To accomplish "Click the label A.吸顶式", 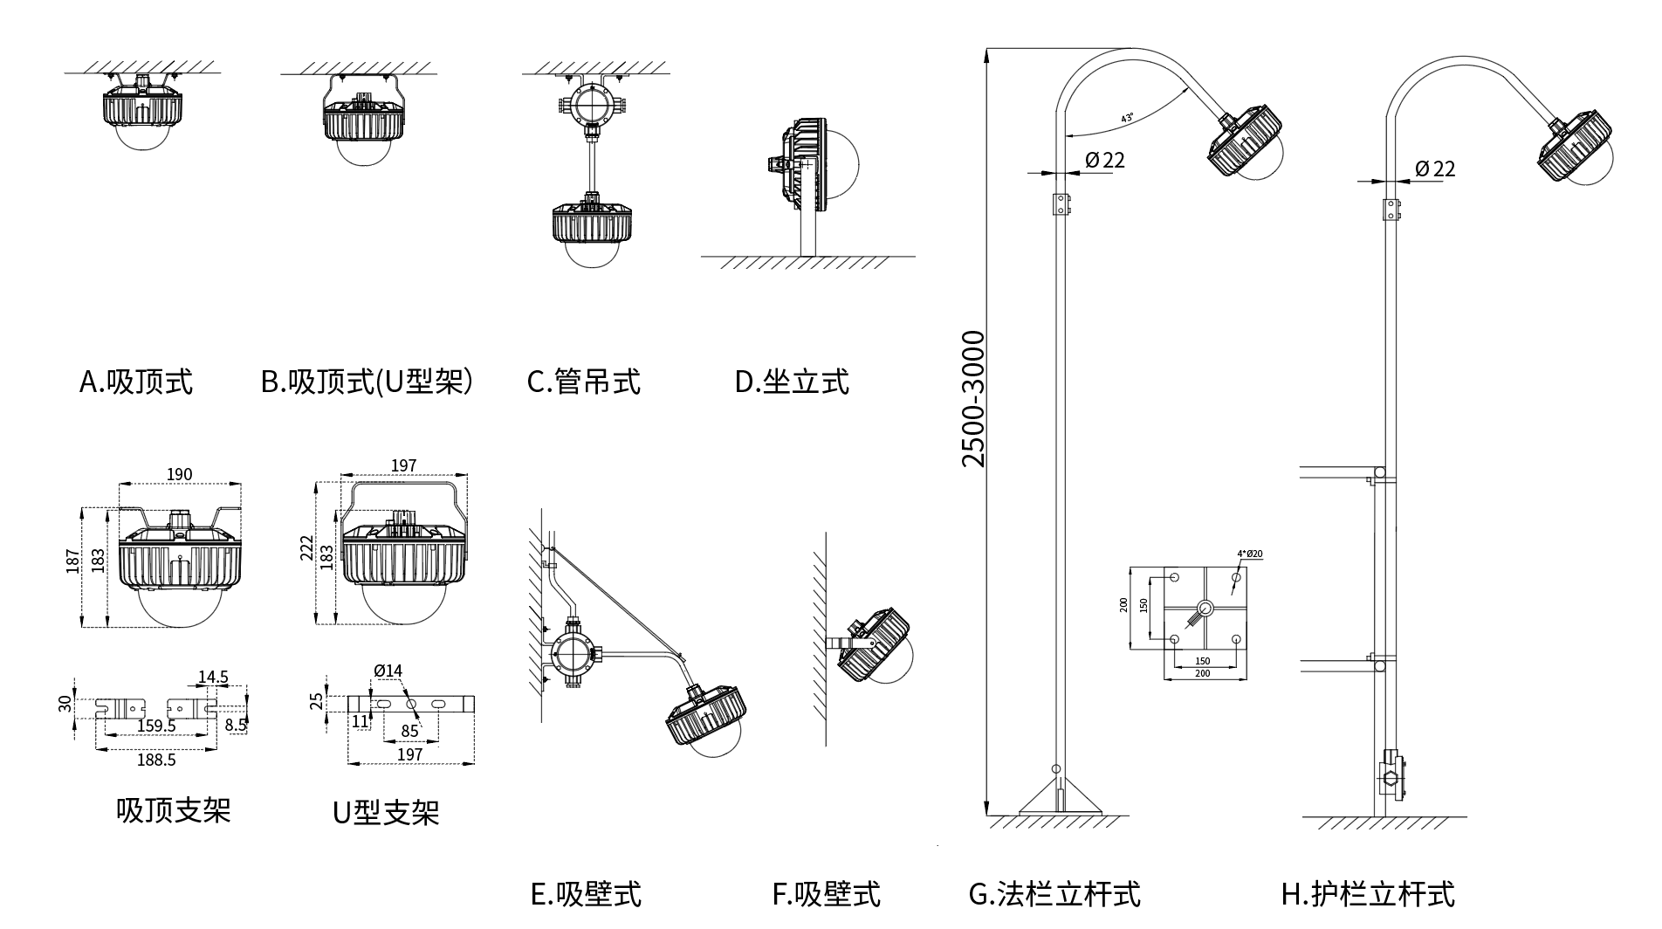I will [x=136, y=382].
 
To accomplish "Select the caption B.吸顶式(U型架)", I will [x=367, y=382].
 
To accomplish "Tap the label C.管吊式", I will [x=583, y=382].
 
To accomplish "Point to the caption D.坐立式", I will [x=792, y=382].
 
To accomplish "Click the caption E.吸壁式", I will [x=586, y=894].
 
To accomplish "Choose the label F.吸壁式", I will [x=826, y=894].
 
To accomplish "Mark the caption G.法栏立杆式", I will [x=1054, y=894].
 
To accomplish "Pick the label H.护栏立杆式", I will [x=1368, y=894].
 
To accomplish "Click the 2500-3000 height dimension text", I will [x=972, y=398].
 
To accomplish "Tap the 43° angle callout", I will [x=1127, y=117].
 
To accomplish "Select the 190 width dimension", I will [x=179, y=474].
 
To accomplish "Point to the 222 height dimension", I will [x=306, y=548].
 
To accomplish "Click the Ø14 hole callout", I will [x=388, y=671].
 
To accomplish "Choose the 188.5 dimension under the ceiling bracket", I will [x=156, y=760].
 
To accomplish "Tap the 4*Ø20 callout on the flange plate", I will [x=1250, y=554].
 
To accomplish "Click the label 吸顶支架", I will [x=173, y=810].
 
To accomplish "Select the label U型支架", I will [x=385, y=813].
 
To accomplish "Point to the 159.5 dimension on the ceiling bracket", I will [x=157, y=726].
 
